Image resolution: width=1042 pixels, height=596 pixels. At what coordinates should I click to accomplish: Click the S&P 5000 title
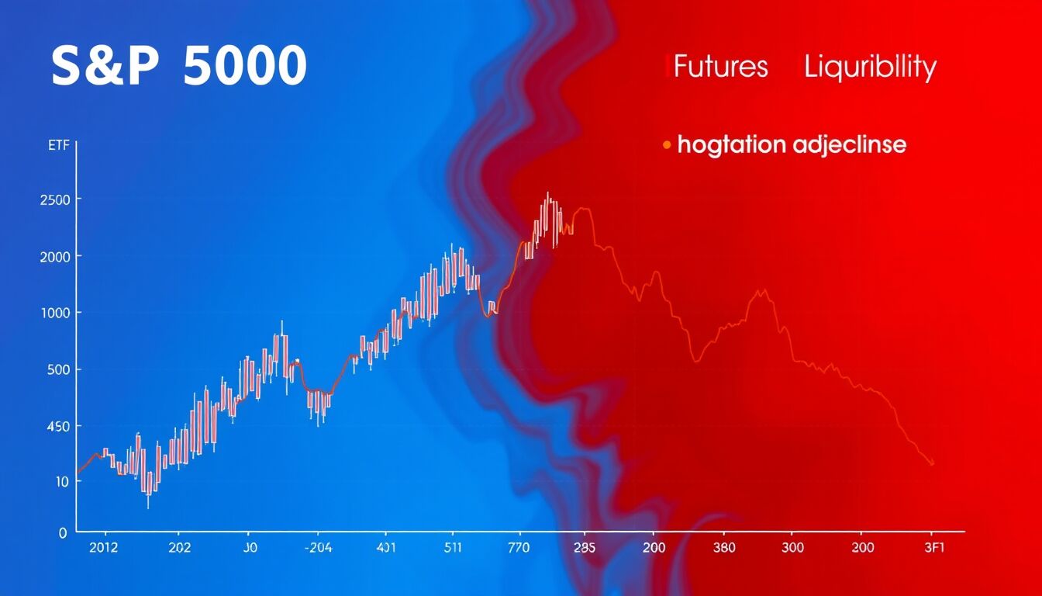coord(179,68)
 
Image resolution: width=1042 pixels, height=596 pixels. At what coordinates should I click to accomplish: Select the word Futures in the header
coord(720,68)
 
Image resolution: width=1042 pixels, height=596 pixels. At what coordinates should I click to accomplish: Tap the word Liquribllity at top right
coord(870,68)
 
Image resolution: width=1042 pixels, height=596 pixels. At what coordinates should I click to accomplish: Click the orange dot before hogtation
coord(666,144)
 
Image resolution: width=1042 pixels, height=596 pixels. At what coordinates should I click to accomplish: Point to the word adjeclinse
coord(849,144)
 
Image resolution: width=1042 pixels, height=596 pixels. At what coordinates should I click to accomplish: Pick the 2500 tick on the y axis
coord(54,199)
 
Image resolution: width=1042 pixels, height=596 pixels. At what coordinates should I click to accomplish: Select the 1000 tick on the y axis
coord(54,313)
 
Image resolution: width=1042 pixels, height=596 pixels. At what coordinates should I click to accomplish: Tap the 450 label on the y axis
coord(57,426)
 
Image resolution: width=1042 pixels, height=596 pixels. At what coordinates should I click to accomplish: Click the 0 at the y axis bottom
coord(64,533)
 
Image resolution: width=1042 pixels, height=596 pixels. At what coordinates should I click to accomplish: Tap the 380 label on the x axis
coord(723,548)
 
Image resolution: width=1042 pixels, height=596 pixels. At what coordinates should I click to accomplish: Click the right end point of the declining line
coord(931,463)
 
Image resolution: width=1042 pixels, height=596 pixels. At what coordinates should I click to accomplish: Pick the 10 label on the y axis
coord(61,481)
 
